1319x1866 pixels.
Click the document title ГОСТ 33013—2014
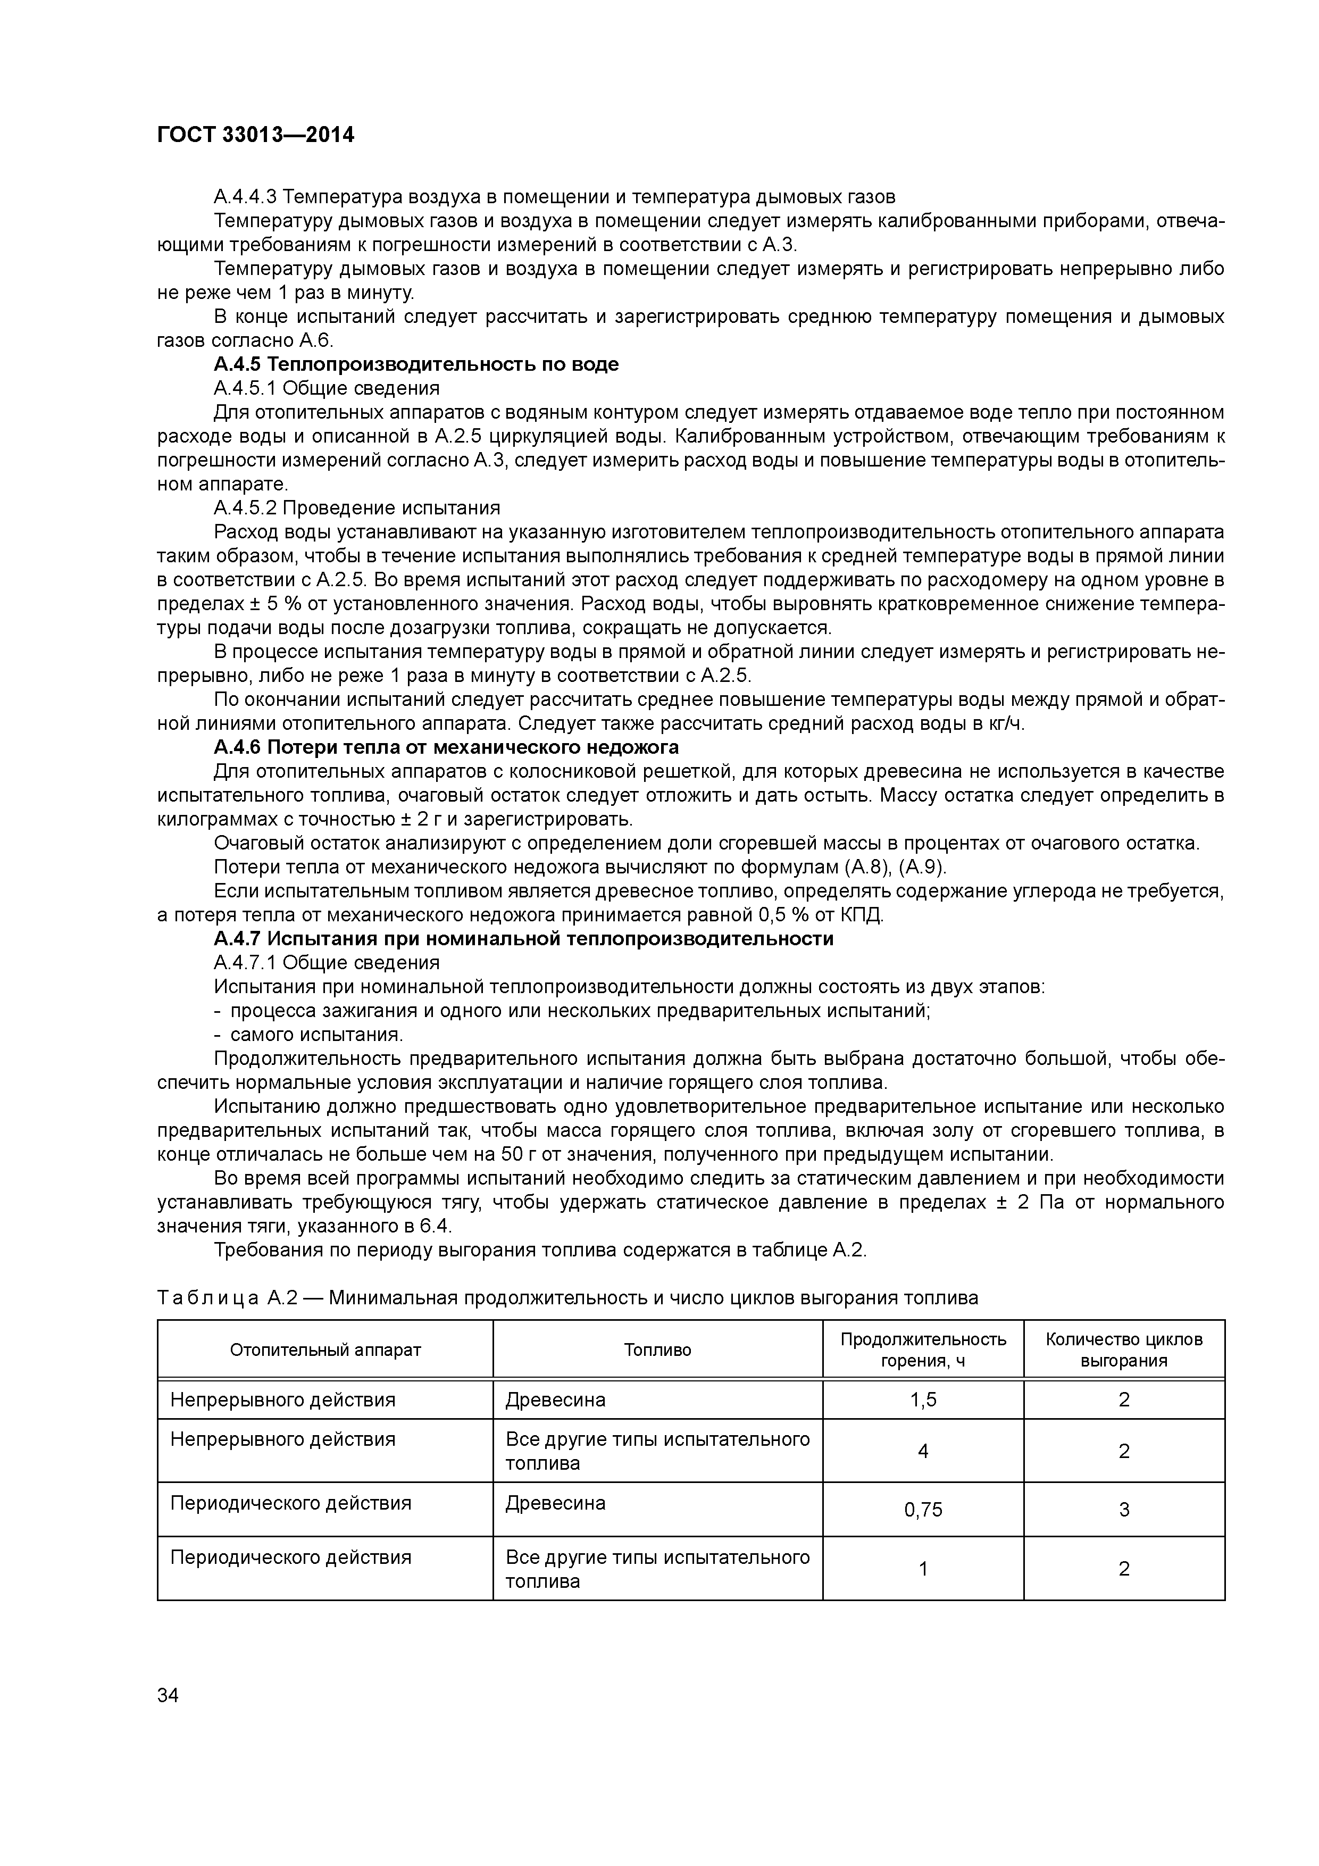pyautogui.click(x=255, y=135)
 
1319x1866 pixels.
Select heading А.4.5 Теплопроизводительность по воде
pyautogui.click(x=415, y=364)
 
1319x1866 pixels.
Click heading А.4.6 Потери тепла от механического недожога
pyautogui.click(x=445, y=747)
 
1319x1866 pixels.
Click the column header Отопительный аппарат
pyautogui.click(x=325, y=1350)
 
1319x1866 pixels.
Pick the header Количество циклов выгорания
pyautogui.click(x=1123, y=1350)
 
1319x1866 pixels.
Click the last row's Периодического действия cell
pyautogui.click(x=290, y=1557)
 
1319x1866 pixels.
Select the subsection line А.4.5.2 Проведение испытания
pyautogui.click(x=357, y=508)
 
